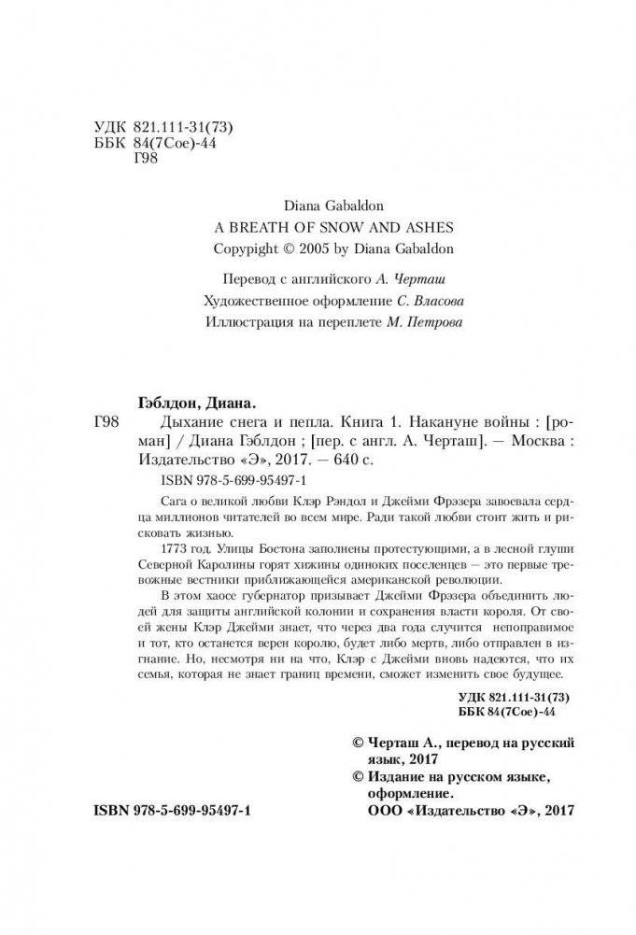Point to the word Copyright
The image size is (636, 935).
click(246, 250)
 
